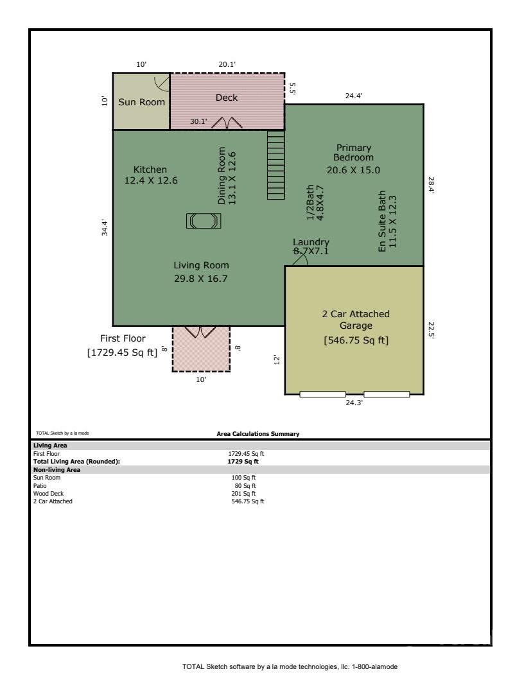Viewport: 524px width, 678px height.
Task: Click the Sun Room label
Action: pyautogui.click(x=142, y=102)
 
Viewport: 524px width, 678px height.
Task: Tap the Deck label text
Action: pyautogui.click(x=227, y=98)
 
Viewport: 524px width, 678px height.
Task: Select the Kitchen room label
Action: pyautogui.click(x=150, y=169)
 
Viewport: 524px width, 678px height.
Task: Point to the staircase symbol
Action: pyautogui.click(x=276, y=165)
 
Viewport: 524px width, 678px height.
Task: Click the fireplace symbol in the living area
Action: pyautogui.click(x=204, y=221)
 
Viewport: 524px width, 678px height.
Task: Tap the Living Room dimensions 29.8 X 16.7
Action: pyautogui.click(x=201, y=279)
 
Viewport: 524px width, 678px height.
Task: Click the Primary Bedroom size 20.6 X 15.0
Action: pyautogui.click(x=353, y=170)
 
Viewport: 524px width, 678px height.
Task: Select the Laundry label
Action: pyautogui.click(x=311, y=241)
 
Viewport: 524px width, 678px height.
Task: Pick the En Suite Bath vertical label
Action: pyautogui.click(x=381, y=222)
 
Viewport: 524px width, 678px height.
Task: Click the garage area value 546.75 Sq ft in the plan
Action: pyautogui.click(x=356, y=340)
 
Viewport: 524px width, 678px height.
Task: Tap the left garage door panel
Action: pyautogui.click(x=322, y=394)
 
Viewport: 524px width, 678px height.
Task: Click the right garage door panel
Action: pyautogui.click(x=387, y=394)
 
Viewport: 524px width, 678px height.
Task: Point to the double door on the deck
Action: pyautogui.click(x=227, y=123)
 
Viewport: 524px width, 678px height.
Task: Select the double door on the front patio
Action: pyautogui.click(x=200, y=332)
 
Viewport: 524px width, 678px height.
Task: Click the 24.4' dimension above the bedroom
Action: pyautogui.click(x=354, y=96)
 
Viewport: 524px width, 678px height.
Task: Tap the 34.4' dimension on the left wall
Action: pyautogui.click(x=105, y=227)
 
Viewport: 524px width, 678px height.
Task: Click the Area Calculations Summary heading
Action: pyautogui.click(x=258, y=433)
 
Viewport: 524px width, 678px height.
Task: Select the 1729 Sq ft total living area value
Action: pyautogui.click(x=243, y=462)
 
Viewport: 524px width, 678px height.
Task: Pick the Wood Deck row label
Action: pyautogui.click(x=48, y=493)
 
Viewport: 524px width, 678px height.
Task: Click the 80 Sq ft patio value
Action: pyautogui.click(x=245, y=485)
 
